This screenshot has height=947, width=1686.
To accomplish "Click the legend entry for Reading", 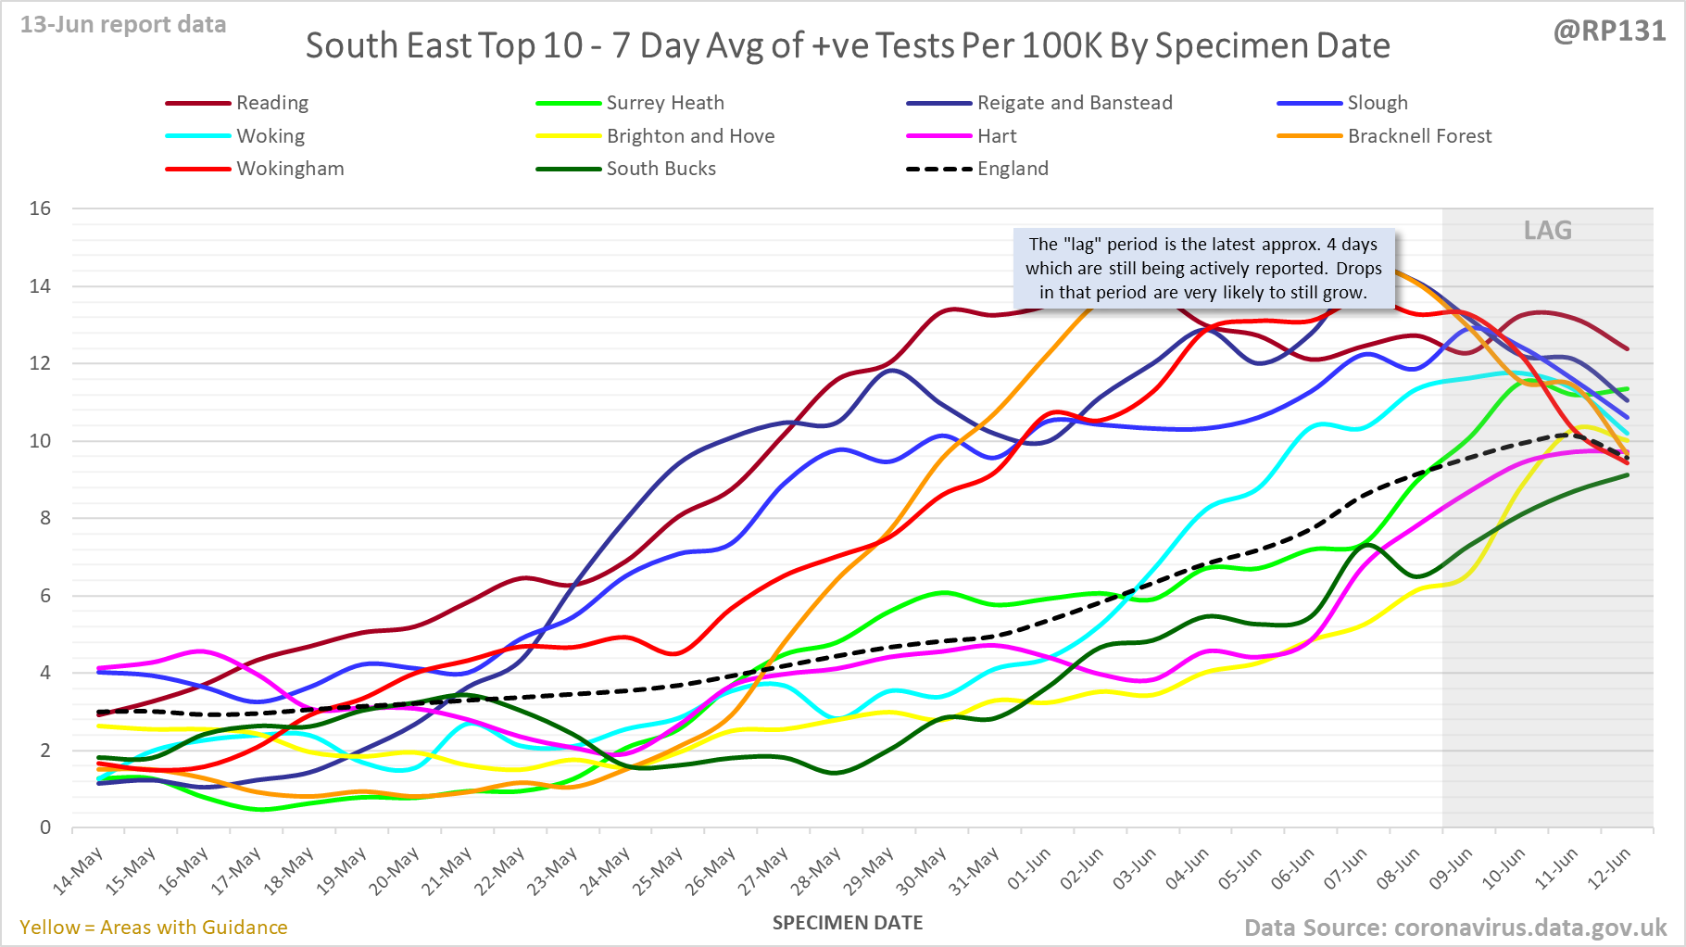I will pos(271,103).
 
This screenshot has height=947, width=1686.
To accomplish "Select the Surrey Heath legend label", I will pos(664,103).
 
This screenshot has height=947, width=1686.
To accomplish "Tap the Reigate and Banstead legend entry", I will pos(1074,103).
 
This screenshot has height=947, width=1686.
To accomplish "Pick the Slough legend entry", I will pos(1377,103).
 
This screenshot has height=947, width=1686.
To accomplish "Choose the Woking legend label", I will pos(270,136).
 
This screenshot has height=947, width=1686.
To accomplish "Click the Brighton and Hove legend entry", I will pos(690,136).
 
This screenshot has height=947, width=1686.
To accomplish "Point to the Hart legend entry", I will pos(996,136).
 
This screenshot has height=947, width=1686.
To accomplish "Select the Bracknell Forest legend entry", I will pos(1419,136).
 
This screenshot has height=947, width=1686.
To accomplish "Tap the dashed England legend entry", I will pos(1013,169).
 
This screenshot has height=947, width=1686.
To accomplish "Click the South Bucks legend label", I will pos(661,169).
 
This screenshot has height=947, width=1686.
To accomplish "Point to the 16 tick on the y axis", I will pos(40,208).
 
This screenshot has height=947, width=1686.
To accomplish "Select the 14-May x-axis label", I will pos(79,872).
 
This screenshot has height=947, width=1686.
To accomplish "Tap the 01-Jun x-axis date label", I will pos(1029,869).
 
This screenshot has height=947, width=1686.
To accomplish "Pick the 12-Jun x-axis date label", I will pos(1609,869).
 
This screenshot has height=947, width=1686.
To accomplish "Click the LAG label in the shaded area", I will pos(1547,230).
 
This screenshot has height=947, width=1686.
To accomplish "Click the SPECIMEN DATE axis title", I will pos(848,923).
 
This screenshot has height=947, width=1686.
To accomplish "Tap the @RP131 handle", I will pos(1609,32).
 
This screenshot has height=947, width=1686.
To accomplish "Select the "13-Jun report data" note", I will pos(123,25).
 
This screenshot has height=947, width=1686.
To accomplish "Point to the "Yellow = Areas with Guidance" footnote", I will pos(154,928).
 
